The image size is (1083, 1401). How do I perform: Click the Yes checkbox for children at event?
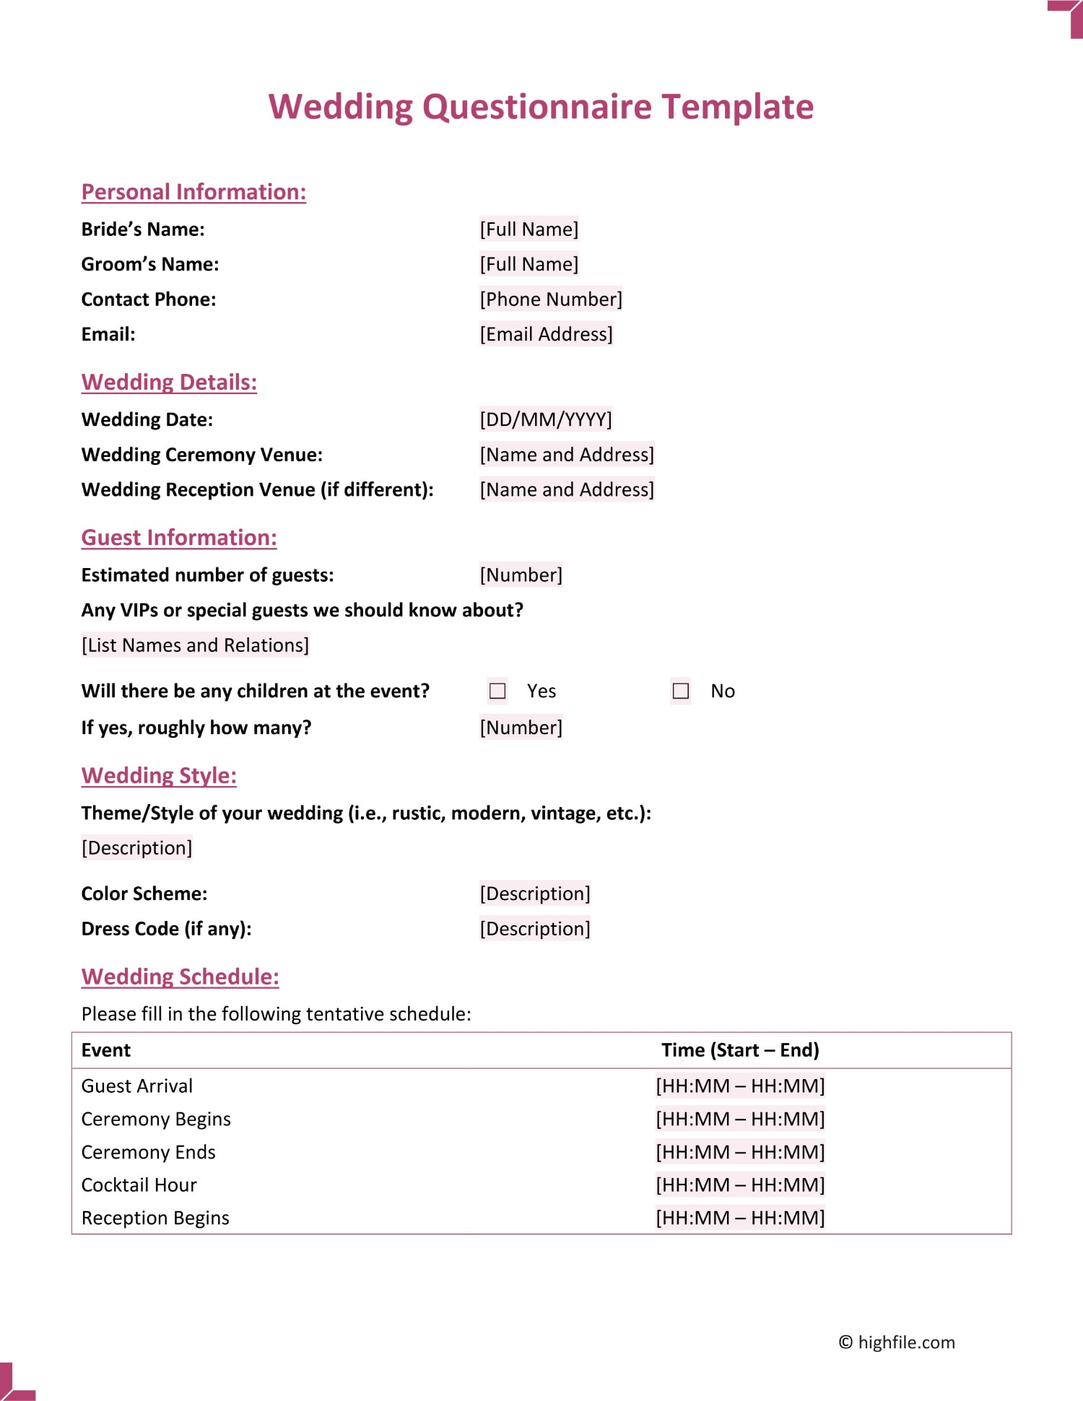pyautogui.click(x=497, y=691)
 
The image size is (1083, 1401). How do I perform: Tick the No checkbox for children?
pyautogui.click(x=680, y=691)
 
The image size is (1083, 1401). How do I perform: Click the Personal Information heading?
pyautogui.click(x=193, y=192)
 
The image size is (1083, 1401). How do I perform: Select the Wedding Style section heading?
pyautogui.click(x=159, y=775)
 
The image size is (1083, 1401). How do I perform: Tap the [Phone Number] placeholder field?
pyautogui.click(x=551, y=299)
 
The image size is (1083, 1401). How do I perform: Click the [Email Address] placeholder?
pyautogui.click(x=546, y=334)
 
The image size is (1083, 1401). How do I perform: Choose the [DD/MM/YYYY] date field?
pyautogui.click(x=545, y=419)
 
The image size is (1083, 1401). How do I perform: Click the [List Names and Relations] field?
pyautogui.click(x=195, y=645)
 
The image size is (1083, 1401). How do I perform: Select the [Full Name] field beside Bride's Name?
pyautogui.click(x=529, y=230)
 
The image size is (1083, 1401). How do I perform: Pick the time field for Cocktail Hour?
pyautogui.click(x=740, y=1184)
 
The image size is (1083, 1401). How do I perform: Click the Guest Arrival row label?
pyautogui.click(x=137, y=1086)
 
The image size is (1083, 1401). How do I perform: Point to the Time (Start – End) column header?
pyautogui.click(x=740, y=1050)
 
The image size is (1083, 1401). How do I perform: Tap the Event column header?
pyautogui.click(x=106, y=1050)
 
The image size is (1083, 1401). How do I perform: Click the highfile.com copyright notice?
pyautogui.click(x=896, y=1342)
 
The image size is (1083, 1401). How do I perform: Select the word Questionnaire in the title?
pyautogui.click(x=537, y=107)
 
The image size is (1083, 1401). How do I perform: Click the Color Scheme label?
pyautogui.click(x=144, y=894)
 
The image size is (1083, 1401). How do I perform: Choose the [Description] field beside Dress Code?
pyautogui.click(x=535, y=928)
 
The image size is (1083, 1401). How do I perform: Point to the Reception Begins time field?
pyautogui.click(x=740, y=1218)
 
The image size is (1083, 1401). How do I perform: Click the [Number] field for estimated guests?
pyautogui.click(x=521, y=575)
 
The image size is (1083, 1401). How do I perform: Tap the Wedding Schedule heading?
pyautogui.click(x=180, y=977)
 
